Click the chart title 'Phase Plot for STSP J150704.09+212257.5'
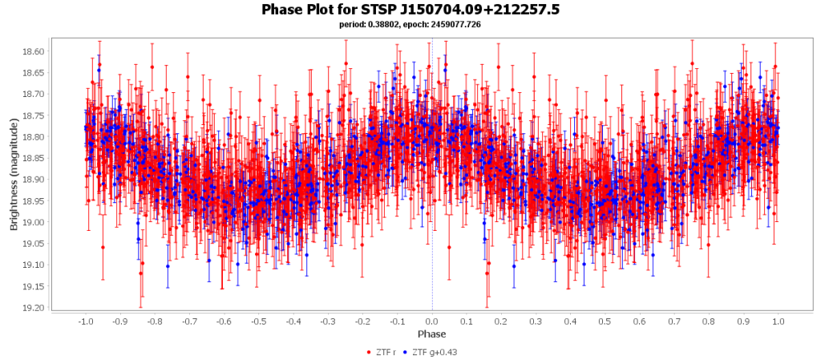(410, 10)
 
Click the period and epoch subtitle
(410, 25)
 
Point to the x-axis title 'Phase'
(431, 334)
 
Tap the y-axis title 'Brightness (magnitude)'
(14, 174)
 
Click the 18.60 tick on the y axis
(34, 51)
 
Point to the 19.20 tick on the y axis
(34, 307)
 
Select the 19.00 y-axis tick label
(34, 222)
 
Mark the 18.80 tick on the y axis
(34, 137)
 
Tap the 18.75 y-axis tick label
(34, 115)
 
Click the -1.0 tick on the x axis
(85, 321)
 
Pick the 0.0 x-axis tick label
(432, 321)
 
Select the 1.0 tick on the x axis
(778, 321)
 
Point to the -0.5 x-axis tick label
(258, 321)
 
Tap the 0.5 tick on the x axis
(605, 321)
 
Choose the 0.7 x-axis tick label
(674, 321)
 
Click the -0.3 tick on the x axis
(328, 321)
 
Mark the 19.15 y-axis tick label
(34, 286)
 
